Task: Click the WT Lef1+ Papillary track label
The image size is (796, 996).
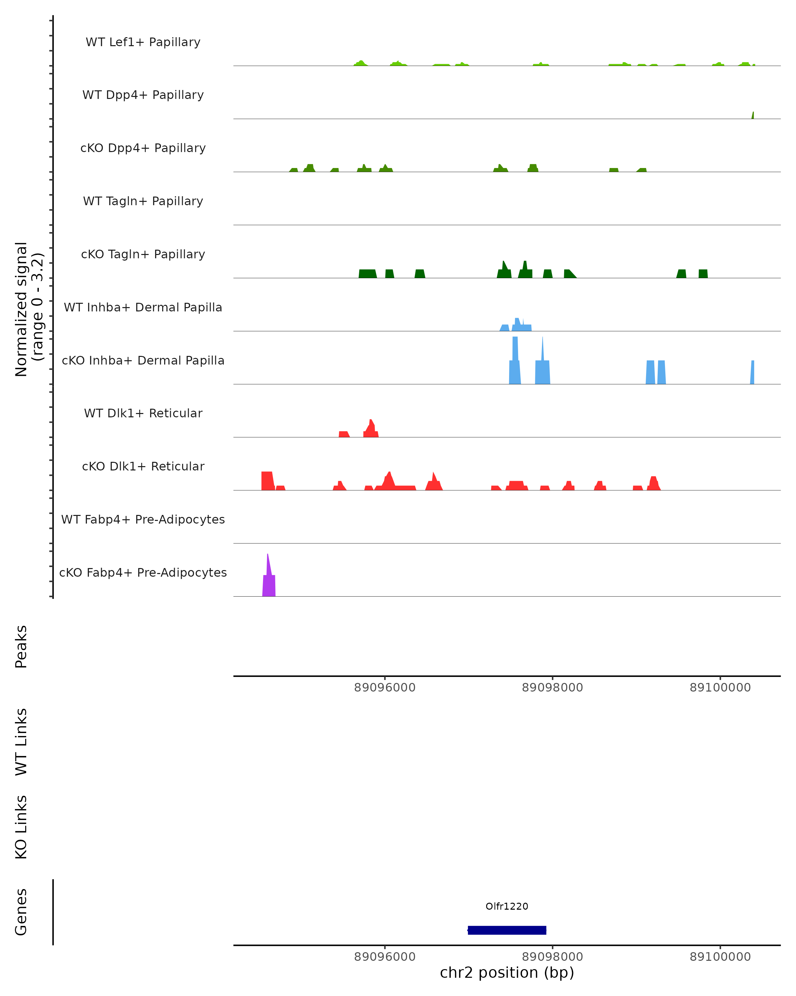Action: coord(143,42)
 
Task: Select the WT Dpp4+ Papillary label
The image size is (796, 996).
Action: coord(143,95)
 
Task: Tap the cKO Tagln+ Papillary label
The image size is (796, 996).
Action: coord(143,255)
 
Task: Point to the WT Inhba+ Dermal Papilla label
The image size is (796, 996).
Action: coord(143,308)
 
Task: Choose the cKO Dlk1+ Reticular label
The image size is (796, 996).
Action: coord(143,466)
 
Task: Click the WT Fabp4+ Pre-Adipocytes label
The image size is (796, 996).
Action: coord(143,520)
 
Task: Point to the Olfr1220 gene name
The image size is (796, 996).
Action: coord(507,906)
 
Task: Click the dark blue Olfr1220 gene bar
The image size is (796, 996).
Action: coord(507,930)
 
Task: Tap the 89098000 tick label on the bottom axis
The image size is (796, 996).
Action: coord(552,957)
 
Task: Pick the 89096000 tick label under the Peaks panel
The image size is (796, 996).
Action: coord(385,688)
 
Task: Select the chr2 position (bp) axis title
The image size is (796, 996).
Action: coord(507,973)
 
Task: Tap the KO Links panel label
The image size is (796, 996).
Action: coord(21,827)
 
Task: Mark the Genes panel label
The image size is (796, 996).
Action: coord(21,912)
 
